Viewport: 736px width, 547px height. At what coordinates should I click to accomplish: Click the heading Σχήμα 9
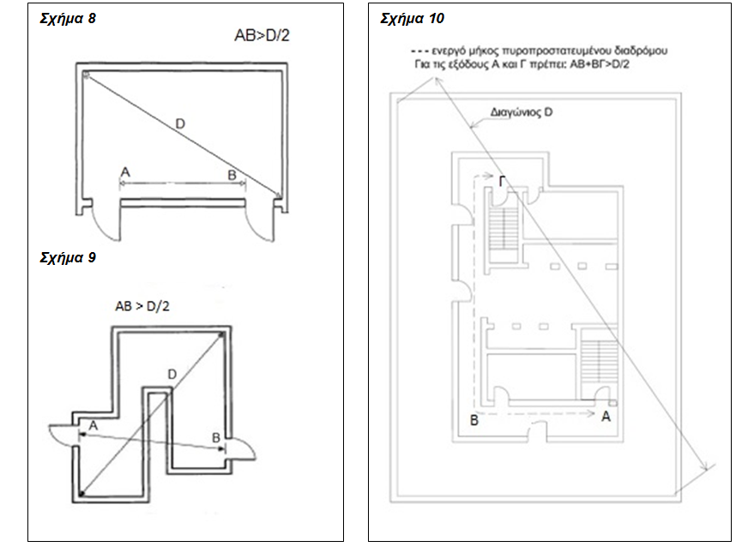68,257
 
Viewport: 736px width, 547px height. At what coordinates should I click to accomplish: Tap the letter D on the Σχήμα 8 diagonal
179,124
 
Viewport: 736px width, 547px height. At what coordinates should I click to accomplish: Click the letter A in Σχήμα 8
125,172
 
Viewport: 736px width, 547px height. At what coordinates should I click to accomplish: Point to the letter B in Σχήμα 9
216,437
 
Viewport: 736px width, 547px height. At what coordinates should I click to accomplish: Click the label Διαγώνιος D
519,111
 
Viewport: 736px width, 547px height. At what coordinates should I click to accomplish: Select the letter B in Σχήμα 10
473,420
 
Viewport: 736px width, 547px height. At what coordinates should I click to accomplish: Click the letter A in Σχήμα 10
606,416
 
